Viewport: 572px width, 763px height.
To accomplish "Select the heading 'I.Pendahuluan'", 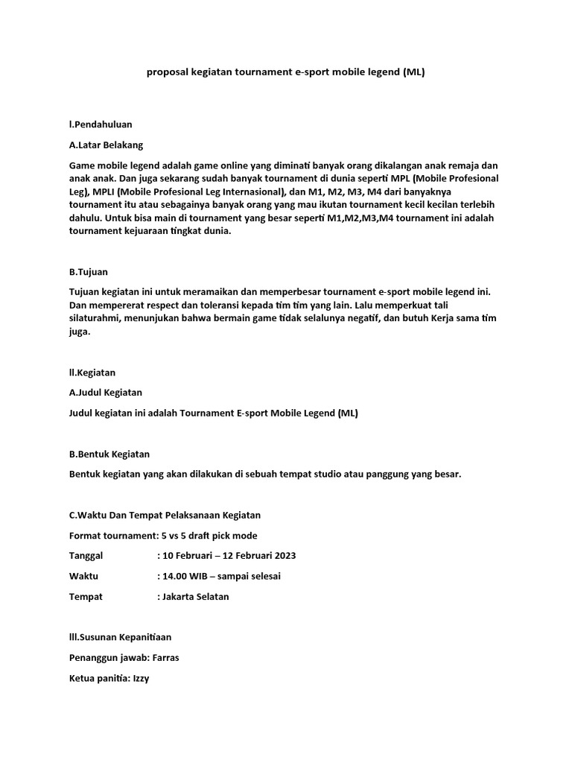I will click(101, 124).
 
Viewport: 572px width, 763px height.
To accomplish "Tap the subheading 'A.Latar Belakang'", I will click(106, 145).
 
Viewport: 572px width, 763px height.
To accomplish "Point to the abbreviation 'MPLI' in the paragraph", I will click(103, 191).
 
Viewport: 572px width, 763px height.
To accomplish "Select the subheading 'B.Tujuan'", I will click(89, 272).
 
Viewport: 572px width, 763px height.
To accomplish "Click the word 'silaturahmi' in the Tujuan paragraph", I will click(95, 319).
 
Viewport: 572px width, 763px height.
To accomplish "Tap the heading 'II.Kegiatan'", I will click(92, 372).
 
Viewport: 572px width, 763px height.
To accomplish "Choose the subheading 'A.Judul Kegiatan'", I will click(106, 392).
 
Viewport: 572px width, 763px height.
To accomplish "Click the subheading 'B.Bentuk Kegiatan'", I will click(109, 454).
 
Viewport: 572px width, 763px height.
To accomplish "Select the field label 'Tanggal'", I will click(86, 556).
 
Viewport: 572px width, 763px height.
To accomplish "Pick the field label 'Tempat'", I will click(86, 597).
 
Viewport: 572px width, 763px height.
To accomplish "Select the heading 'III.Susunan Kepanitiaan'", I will click(120, 637).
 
